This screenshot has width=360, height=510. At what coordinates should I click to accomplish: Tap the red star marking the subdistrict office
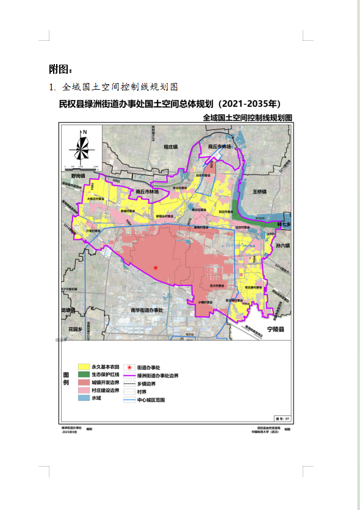click(156, 268)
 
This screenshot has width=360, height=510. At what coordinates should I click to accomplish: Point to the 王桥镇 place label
click(261, 191)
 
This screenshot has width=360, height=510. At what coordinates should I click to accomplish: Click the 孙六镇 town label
click(283, 246)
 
